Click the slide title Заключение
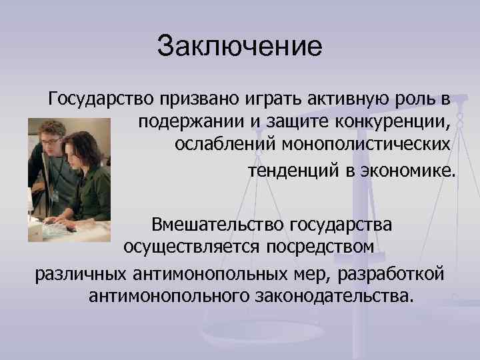240,47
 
